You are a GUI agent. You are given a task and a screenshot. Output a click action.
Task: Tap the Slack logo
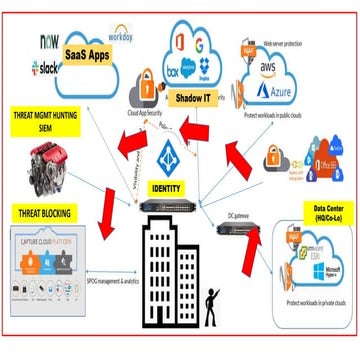click(x=47, y=67)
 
